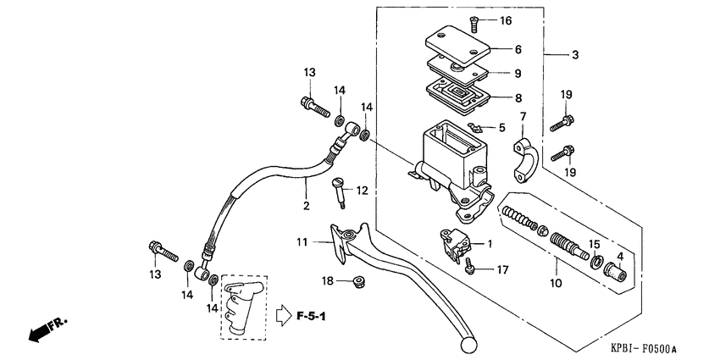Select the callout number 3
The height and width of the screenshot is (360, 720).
coord(575,55)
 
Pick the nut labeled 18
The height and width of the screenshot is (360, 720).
coord(359,280)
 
